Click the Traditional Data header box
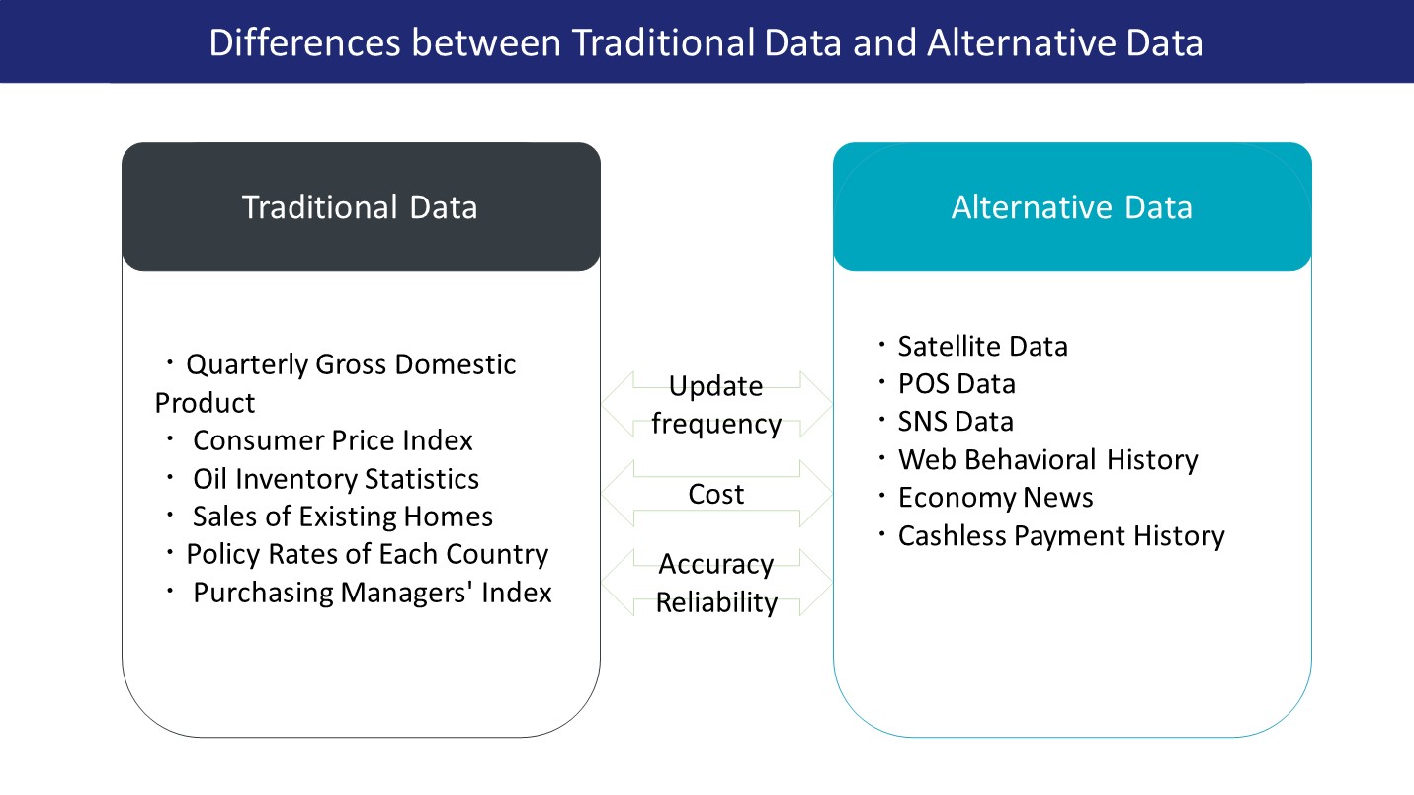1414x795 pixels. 361,206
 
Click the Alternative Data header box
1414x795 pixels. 1072,206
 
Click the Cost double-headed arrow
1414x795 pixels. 716,494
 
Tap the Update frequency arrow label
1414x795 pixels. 716,405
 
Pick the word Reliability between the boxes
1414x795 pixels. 716,602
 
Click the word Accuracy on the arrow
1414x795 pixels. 715,565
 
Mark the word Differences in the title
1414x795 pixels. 305,42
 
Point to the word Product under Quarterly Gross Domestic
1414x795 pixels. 205,403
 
